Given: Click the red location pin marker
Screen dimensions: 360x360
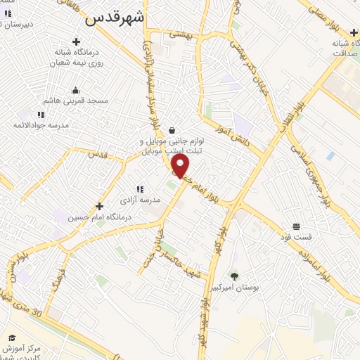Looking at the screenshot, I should click(x=181, y=166).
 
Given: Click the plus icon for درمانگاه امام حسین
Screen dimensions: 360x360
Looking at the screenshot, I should click(x=99, y=207).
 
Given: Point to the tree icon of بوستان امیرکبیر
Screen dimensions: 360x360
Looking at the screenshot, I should click(x=235, y=276).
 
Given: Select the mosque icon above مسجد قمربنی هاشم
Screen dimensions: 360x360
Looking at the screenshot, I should click(x=76, y=90).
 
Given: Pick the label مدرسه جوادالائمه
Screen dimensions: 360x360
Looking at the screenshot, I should click(x=40, y=124).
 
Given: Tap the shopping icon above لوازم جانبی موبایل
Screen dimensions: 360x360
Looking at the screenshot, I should click(x=172, y=129).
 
